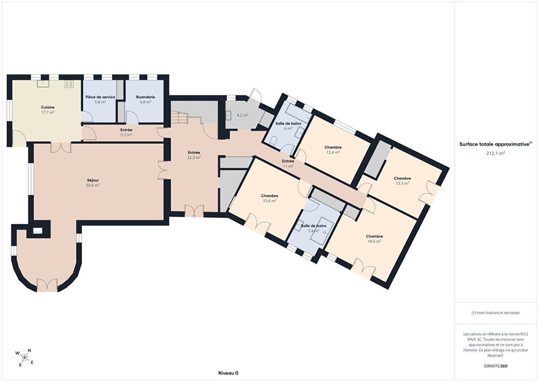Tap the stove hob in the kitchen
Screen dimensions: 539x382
[x=69, y=84]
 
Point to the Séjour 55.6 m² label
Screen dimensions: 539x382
[x=93, y=182]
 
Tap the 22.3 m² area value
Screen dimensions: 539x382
[x=194, y=157]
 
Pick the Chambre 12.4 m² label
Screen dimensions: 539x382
[x=333, y=150]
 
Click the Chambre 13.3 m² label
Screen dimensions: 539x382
[x=402, y=181]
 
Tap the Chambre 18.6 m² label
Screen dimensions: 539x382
[x=374, y=239]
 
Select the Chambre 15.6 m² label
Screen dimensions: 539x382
[x=269, y=198]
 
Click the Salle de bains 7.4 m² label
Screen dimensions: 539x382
[x=313, y=228]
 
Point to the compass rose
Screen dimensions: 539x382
[x=25, y=357]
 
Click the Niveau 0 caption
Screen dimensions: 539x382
[x=228, y=373]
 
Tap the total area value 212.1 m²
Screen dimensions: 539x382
[x=495, y=153]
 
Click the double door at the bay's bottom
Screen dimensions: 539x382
[x=47, y=285]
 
